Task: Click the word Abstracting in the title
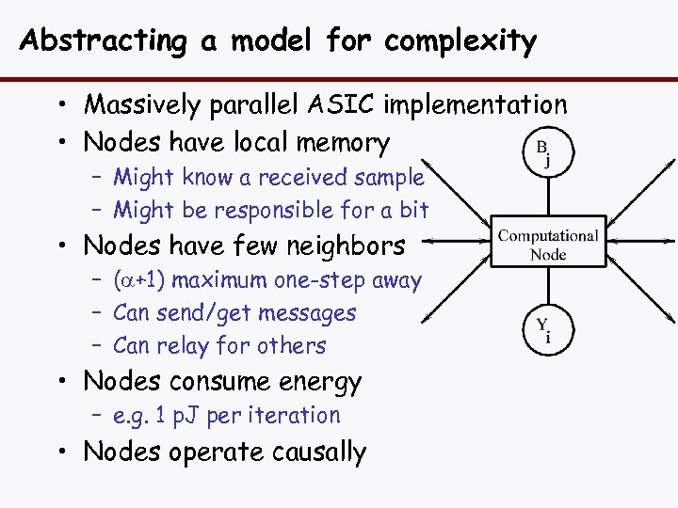(x=103, y=40)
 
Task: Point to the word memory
(x=342, y=143)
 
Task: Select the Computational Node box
(x=548, y=245)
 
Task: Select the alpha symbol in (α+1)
(x=125, y=280)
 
